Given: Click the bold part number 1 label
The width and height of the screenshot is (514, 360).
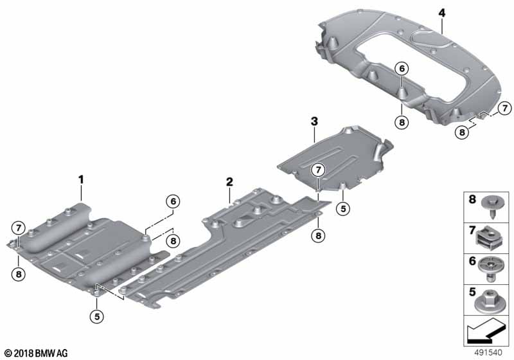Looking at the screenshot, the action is tap(81, 179).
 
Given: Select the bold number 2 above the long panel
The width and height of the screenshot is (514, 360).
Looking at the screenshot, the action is tap(229, 182).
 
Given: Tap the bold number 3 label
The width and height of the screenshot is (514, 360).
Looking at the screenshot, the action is tap(314, 122).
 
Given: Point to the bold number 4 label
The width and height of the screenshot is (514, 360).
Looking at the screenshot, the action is tap(442, 13).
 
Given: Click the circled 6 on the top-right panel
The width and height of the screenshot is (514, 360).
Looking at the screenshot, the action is tap(402, 69).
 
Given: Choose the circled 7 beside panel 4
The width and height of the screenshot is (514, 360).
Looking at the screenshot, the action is tap(505, 108).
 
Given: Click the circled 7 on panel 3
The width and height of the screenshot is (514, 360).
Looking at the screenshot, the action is tap(318, 170).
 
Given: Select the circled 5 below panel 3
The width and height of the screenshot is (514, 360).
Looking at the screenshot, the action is tap(343, 208).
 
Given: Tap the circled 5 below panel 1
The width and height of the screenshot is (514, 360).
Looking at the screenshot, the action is tap(97, 316).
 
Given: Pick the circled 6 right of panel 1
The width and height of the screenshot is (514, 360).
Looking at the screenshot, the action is tap(173, 201).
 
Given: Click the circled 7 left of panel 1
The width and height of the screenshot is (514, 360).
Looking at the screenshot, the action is tap(19, 228).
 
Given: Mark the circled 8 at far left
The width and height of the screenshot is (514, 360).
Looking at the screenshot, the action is tap(19, 274).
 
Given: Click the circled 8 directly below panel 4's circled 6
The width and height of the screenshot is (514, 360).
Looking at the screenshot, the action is tap(402, 123).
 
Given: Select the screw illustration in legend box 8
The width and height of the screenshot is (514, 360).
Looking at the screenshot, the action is tap(490, 206).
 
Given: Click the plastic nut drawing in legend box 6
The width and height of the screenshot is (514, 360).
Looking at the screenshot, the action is tap(490, 269).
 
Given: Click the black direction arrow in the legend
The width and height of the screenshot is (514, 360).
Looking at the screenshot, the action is tap(485, 330).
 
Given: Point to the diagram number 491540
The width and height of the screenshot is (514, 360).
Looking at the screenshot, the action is tap(488, 352).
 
